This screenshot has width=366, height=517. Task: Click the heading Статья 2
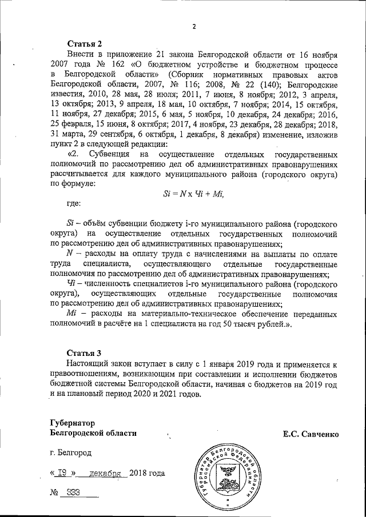[85, 43]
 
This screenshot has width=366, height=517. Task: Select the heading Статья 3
[85, 352]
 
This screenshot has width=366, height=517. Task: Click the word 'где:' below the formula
[74, 203]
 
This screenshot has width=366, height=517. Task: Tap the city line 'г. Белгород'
[70, 452]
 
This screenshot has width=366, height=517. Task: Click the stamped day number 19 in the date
[62, 474]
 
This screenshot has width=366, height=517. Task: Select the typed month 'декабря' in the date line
[108, 474]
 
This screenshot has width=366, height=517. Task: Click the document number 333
[74, 492]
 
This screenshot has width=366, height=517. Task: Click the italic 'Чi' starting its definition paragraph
[71, 284]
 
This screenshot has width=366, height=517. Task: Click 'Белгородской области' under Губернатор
[93, 433]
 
